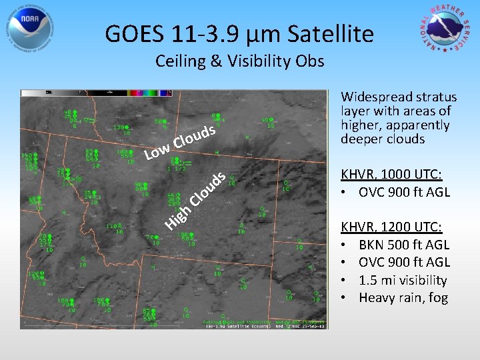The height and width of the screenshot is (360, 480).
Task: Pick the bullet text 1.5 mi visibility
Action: tap(403, 280)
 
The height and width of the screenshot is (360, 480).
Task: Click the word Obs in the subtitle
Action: tap(311, 62)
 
